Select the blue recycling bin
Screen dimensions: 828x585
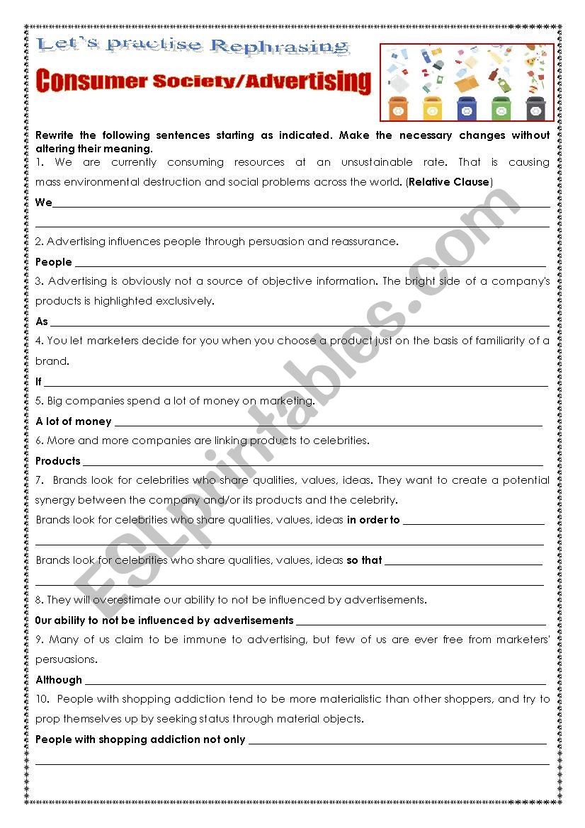click(x=467, y=108)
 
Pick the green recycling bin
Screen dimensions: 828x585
click(x=501, y=108)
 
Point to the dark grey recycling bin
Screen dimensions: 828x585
click(x=536, y=108)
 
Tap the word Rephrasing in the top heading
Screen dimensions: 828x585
click(x=280, y=47)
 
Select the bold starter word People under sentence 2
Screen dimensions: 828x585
click(x=54, y=262)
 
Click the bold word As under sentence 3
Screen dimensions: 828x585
click(x=42, y=322)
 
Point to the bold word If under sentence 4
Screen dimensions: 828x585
click(x=39, y=382)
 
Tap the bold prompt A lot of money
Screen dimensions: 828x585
click(x=74, y=421)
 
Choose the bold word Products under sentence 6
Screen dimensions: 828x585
click(x=58, y=461)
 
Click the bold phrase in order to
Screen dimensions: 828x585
click(x=373, y=520)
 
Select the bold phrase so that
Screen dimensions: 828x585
click(x=364, y=560)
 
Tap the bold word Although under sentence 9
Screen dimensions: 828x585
click(x=59, y=680)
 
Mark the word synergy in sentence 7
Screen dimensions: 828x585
click(x=55, y=500)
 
